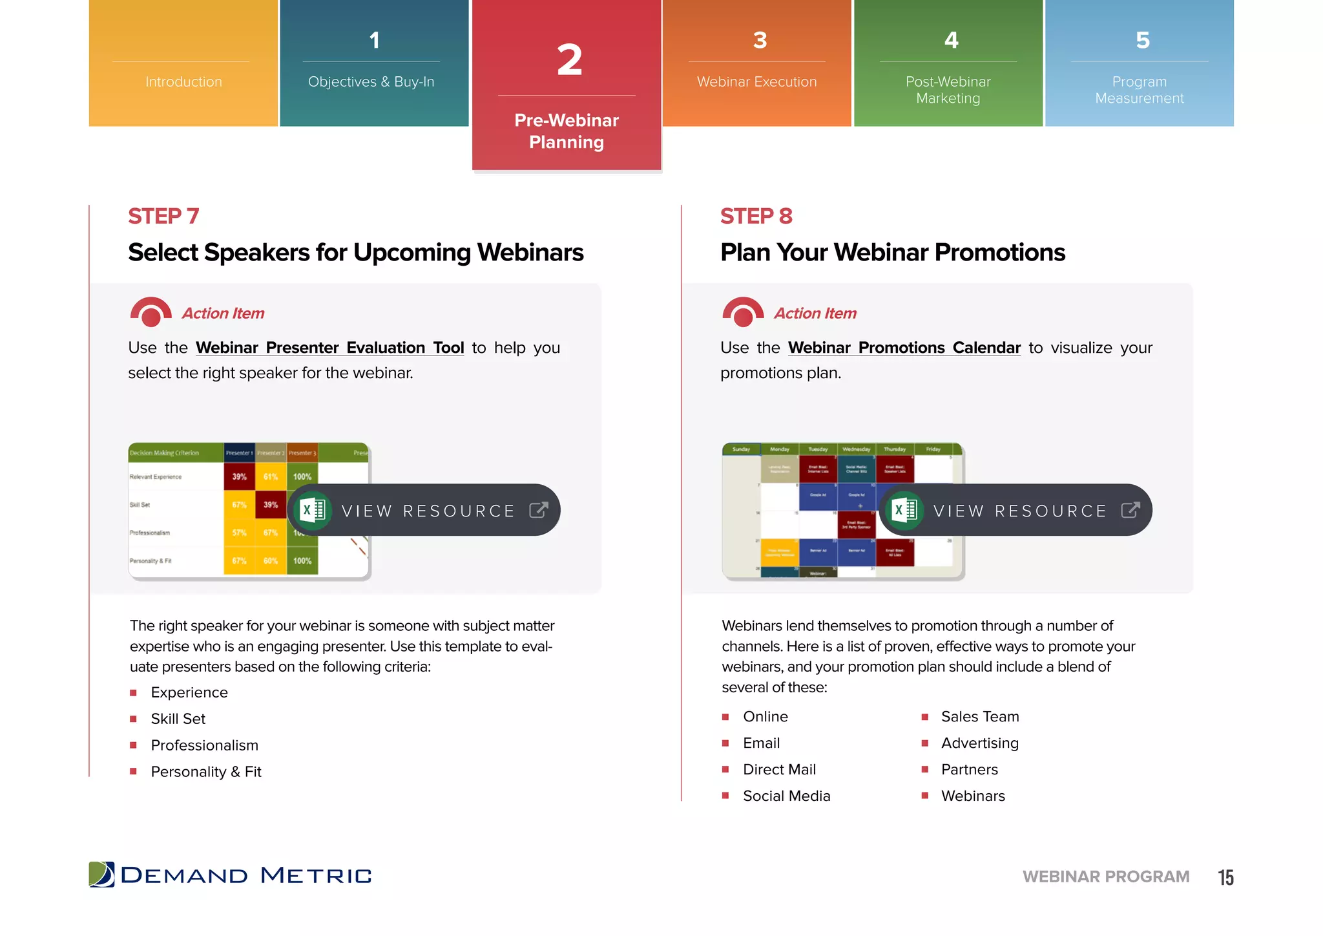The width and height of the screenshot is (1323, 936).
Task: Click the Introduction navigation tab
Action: click(x=183, y=81)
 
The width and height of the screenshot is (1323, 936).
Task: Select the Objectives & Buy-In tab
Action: click(x=371, y=81)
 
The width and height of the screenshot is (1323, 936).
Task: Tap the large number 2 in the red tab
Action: click(x=569, y=61)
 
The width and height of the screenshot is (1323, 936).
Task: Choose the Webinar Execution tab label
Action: click(x=756, y=81)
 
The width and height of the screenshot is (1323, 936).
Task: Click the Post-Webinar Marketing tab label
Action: click(x=948, y=90)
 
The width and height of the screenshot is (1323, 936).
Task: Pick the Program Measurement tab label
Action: click(x=1139, y=90)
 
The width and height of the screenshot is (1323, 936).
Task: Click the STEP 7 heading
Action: click(x=163, y=216)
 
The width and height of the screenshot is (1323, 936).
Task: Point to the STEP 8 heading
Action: click(x=756, y=216)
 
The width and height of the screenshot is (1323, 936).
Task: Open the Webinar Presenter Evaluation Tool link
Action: click(x=329, y=348)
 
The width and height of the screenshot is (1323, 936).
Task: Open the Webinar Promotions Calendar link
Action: click(x=904, y=348)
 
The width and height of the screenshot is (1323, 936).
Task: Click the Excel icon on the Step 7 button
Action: click(x=313, y=510)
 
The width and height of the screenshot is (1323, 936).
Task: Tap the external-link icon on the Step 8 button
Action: click(x=1130, y=510)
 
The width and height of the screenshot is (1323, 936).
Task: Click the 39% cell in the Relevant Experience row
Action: click(x=239, y=477)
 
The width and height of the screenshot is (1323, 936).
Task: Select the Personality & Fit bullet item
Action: click(x=206, y=772)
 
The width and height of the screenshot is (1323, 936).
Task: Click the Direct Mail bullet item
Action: click(x=779, y=769)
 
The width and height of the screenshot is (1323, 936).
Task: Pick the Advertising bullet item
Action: click(x=979, y=743)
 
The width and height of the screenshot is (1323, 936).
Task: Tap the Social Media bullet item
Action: click(x=786, y=796)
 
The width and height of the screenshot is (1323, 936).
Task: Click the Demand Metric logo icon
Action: click(x=101, y=875)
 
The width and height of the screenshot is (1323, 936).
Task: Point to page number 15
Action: click(x=1225, y=877)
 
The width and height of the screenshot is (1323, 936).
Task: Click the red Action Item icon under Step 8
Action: click(x=743, y=312)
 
